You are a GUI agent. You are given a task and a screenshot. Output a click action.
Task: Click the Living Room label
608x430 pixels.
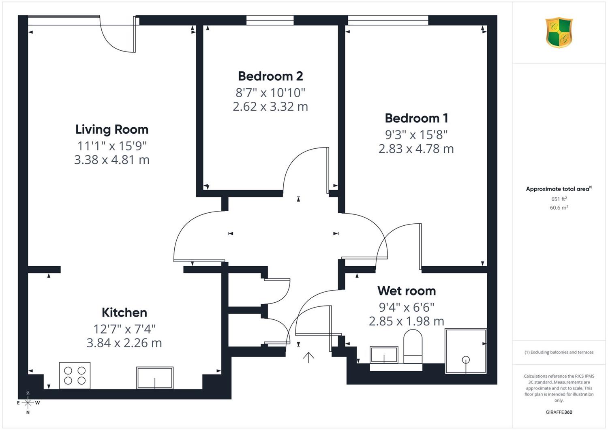click(112, 130)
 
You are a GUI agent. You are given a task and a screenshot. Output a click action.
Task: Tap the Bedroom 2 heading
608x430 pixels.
click(270, 76)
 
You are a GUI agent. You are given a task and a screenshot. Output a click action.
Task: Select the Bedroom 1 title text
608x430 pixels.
click(416, 118)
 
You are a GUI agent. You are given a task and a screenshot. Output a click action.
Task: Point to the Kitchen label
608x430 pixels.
click(124, 312)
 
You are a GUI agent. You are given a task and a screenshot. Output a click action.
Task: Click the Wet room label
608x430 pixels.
click(407, 291)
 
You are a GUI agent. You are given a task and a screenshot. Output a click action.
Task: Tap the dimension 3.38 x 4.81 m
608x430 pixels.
click(112, 160)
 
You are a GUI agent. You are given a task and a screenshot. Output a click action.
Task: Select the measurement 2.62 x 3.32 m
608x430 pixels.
click(270, 107)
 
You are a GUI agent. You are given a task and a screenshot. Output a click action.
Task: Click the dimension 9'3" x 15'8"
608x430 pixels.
click(416, 135)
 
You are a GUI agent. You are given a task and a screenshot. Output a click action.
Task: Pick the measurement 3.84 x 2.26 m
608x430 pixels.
click(124, 343)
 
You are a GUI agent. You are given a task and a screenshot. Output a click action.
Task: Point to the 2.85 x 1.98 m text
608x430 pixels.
click(407, 321)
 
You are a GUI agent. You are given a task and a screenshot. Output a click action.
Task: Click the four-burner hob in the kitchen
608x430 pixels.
click(75, 375)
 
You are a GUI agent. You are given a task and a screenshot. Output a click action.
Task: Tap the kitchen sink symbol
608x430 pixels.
click(155, 378)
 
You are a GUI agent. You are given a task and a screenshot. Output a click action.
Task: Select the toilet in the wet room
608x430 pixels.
click(413, 347)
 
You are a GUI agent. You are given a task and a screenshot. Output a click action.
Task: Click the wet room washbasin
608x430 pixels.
click(384, 355)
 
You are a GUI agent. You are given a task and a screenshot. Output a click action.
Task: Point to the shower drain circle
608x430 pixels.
click(466, 360)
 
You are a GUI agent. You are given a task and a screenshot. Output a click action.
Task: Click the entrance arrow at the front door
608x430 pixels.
click(308, 357)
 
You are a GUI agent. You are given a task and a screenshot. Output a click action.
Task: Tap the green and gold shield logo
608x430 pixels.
click(559, 32)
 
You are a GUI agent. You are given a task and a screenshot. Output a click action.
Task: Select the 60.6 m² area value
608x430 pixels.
click(559, 208)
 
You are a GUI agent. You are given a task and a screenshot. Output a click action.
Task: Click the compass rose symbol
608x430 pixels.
click(28, 403)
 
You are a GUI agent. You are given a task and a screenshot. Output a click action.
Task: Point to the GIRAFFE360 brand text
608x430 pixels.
click(559, 412)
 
